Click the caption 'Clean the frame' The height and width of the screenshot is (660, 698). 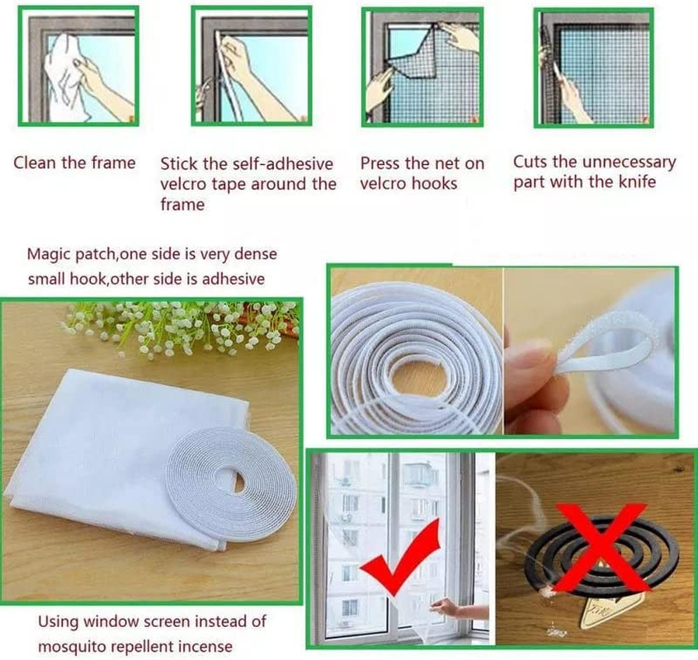pyautogui.click(x=74, y=163)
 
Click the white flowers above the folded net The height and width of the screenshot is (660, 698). pyautogui.click(x=182, y=326)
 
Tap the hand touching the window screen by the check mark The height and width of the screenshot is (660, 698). pyautogui.click(x=450, y=609)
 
